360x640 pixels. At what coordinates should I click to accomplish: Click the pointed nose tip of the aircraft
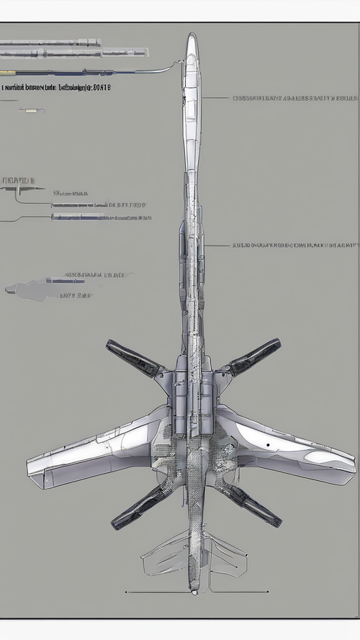tap(191, 34)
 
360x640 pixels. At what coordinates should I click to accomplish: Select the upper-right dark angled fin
tap(251, 358)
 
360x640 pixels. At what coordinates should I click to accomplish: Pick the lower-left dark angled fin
tap(137, 507)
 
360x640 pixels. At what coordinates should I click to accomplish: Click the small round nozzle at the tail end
tap(193, 592)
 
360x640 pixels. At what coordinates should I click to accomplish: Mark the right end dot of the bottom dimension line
tap(269, 592)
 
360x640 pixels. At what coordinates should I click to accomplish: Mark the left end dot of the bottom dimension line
tap(127, 592)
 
